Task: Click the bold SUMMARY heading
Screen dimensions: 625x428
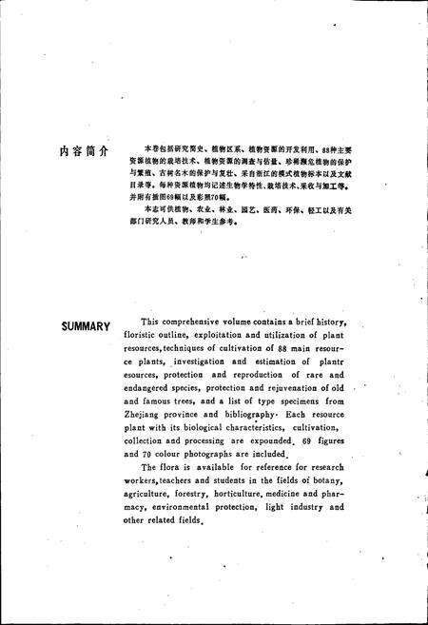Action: (85, 326)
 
